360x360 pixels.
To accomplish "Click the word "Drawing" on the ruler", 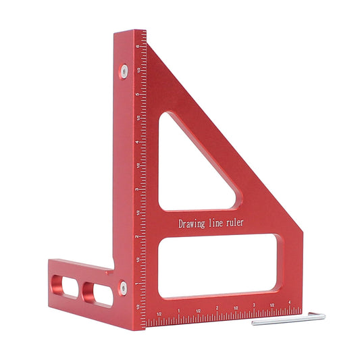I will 192,223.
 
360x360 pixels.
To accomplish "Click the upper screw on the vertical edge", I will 125,69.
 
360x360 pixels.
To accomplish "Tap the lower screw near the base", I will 122,287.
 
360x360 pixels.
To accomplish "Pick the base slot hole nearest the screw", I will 98,292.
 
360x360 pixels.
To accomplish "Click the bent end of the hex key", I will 315,316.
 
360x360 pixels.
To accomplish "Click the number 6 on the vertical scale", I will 138,47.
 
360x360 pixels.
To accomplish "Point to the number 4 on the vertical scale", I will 138,143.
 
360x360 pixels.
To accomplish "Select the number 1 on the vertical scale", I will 138,283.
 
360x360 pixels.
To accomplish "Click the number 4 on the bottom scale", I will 289,302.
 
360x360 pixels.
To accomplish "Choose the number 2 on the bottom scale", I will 217,308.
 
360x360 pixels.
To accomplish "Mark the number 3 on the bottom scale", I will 253,305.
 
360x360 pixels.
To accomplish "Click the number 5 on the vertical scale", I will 138,95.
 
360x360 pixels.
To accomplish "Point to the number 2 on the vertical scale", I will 138,236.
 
